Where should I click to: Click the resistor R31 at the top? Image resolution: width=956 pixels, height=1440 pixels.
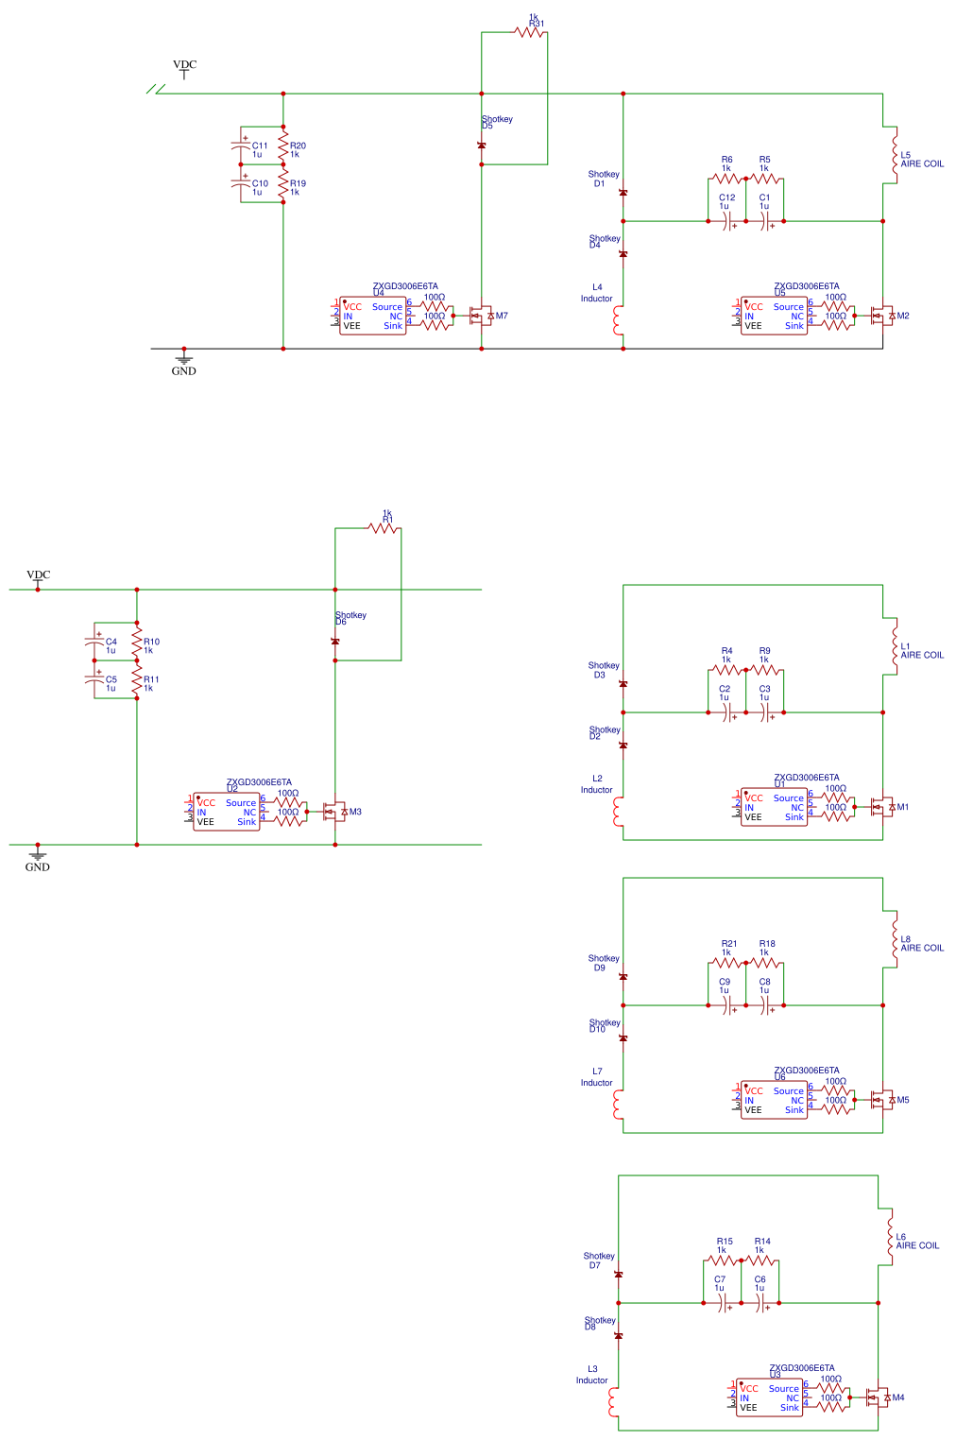click(x=531, y=32)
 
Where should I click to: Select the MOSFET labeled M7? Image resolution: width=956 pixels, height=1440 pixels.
click(x=484, y=316)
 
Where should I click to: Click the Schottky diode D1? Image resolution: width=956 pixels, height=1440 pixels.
click(x=623, y=193)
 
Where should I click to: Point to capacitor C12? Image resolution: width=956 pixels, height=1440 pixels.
click(x=727, y=221)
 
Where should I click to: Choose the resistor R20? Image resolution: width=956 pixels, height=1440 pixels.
click(x=283, y=146)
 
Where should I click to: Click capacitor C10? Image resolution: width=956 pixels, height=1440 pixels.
click(x=242, y=184)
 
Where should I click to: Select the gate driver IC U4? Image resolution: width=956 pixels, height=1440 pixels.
click(x=372, y=317)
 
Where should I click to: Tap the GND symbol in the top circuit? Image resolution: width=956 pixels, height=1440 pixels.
click(x=184, y=358)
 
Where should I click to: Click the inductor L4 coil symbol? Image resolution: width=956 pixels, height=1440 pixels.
click(x=619, y=319)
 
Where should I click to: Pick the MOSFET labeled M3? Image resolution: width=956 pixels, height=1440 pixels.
click(x=335, y=812)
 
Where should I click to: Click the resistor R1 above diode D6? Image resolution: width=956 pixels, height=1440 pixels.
click(x=384, y=528)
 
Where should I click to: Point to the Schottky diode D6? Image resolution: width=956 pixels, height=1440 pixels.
click(x=335, y=642)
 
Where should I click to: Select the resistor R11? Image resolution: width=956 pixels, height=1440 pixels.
click(x=137, y=679)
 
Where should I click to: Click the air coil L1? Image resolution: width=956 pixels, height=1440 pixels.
click(x=893, y=647)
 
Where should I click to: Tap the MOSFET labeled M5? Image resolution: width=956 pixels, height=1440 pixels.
click(x=883, y=1100)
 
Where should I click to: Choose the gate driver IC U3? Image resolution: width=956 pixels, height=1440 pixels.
click(x=769, y=1398)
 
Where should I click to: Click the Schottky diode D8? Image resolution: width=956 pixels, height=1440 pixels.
click(x=618, y=1336)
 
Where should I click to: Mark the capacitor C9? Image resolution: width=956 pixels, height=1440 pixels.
click(x=727, y=1005)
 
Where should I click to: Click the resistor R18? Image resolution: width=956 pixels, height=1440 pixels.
click(x=765, y=963)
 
